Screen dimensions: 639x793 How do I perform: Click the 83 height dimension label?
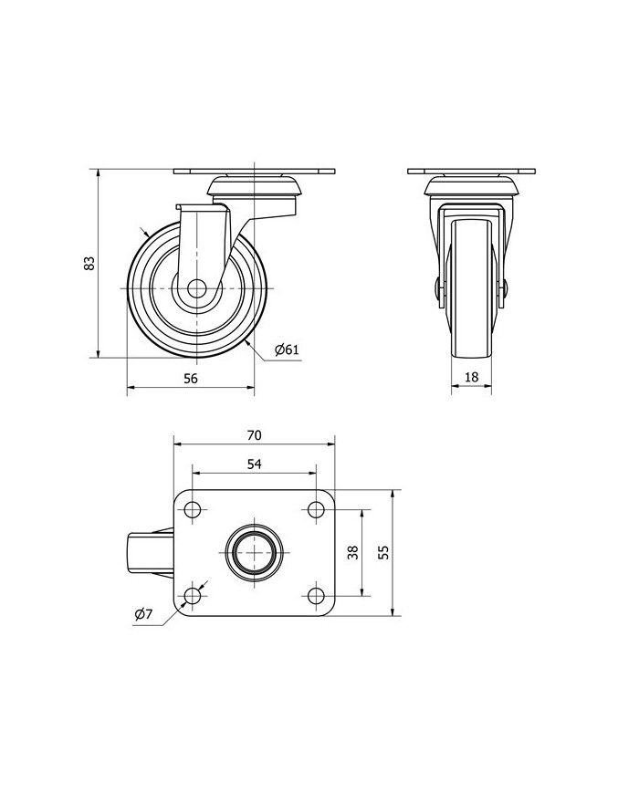click(89, 264)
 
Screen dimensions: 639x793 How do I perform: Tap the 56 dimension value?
click(190, 378)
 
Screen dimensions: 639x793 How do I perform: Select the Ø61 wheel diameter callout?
click(287, 350)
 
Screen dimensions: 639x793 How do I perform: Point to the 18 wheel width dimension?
click(471, 377)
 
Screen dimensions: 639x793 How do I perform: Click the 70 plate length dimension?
click(254, 435)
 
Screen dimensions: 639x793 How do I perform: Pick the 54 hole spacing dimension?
click(254, 464)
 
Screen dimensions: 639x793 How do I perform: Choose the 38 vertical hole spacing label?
click(353, 552)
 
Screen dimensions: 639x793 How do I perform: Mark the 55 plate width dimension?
click(383, 552)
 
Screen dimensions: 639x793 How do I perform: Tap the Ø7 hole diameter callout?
click(143, 614)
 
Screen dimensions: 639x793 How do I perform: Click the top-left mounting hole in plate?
click(193, 509)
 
